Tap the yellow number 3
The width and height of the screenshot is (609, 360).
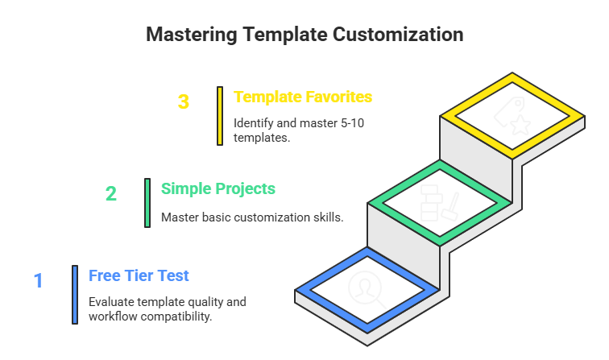(184, 102)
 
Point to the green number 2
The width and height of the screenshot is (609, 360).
(111, 193)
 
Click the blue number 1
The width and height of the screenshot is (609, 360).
(38, 280)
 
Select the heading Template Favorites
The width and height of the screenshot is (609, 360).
(303, 97)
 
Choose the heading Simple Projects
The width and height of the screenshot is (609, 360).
(218, 188)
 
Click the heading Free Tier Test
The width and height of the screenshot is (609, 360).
(139, 275)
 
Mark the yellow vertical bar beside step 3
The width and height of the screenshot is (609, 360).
(220, 116)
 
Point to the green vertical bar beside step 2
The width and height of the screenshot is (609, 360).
(147, 203)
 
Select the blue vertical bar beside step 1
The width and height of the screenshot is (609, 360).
(74, 294)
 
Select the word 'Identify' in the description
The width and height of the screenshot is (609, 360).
(253, 122)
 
